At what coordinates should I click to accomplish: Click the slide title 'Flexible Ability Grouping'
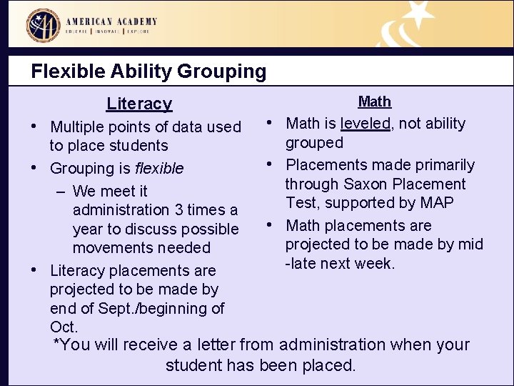coord(148,71)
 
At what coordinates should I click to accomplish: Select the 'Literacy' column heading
coord(139,104)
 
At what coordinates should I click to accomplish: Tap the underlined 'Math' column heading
coord(374,102)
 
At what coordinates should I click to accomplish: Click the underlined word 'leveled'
coord(366,124)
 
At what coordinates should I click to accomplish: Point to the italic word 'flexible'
coord(159,169)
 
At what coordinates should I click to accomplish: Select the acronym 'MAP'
coord(437,203)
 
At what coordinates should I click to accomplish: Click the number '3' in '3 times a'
coord(179,210)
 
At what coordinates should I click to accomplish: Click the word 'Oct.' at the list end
coord(64,327)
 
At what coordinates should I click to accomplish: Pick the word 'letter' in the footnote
coord(214,345)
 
